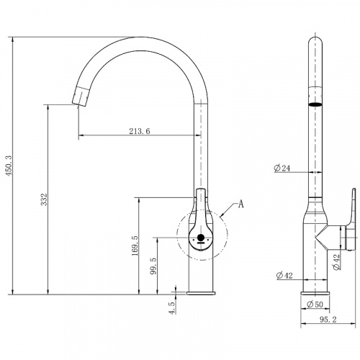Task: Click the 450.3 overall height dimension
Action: pos(9,166)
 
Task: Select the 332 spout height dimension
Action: pos(44,199)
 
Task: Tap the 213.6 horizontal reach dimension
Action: pos(140,131)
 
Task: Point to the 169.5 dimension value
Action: pos(135,246)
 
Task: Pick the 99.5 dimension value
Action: pos(153,266)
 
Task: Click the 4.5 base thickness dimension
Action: pos(172,308)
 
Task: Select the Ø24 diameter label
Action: pos(282,168)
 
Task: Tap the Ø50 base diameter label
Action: pos(315,305)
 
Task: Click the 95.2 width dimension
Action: pos(328,320)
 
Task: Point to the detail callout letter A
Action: pos(240,204)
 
